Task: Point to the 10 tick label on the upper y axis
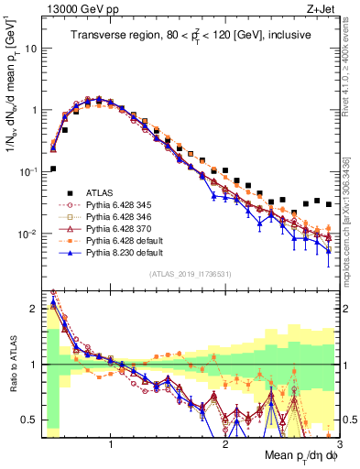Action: [x=30, y=48]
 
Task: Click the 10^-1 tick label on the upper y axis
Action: [x=27, y=172]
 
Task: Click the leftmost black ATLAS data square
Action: [x=53, y=169]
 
